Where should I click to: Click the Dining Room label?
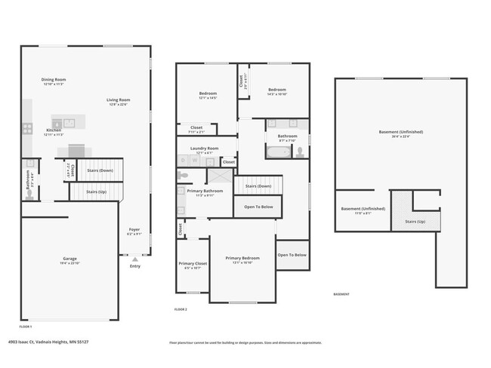54,79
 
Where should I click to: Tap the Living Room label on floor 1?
118,100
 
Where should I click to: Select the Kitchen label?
54,130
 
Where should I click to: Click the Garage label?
69,259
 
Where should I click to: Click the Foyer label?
134,229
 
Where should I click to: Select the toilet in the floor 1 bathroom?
29,193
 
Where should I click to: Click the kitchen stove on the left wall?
27,130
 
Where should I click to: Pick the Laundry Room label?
204,149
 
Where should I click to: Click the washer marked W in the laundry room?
195,161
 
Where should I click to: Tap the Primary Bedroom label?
242,258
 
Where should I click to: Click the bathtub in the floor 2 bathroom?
276,152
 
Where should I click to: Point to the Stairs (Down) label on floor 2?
258,186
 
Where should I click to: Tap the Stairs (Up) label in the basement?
415,221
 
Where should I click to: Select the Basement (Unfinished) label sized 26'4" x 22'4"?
400,132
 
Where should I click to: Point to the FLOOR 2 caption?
181,309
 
